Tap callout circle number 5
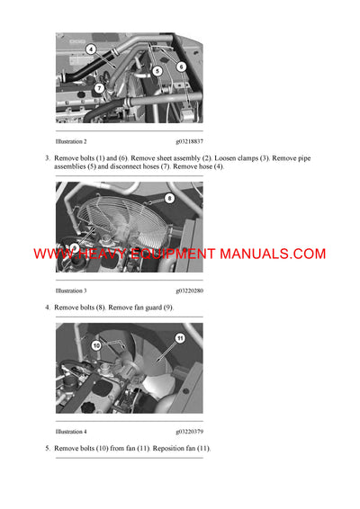[x=157, y=70]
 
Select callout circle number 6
[x=181, y=67]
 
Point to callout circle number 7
[x=99, y=87]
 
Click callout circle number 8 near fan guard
[x=169, y=198]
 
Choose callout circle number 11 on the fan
[x=180, y=338]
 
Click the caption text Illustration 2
[x=71, y=142]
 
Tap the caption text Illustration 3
[x=71, y=291]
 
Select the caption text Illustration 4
[x=71, y=432]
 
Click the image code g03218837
[x=189, y=142]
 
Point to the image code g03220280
[x=189, y=291]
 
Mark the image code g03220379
[x=189, y=432]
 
